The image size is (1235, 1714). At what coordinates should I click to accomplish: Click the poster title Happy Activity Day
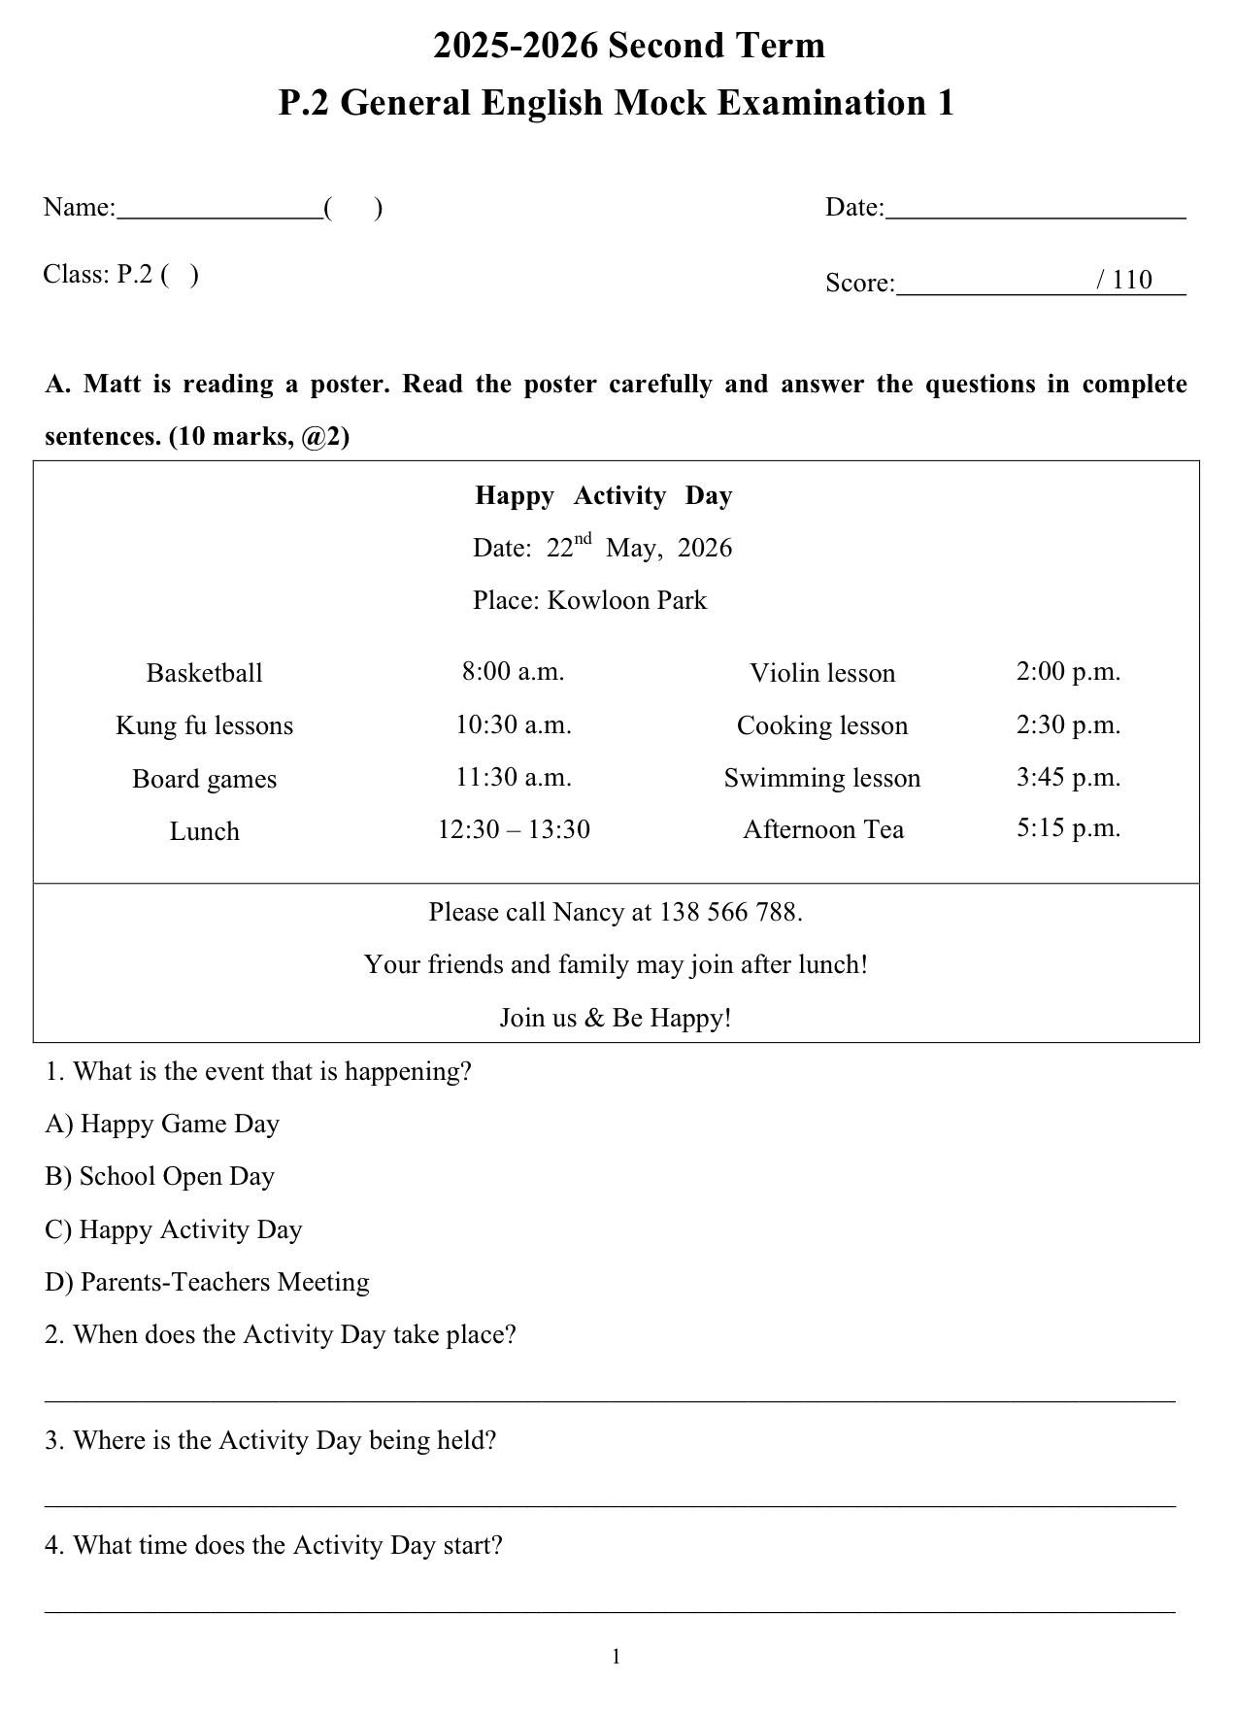pos(603,495)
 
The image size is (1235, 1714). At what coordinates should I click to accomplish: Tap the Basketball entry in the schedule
pos(204,673)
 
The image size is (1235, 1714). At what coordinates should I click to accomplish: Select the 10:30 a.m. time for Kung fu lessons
pos(514,724)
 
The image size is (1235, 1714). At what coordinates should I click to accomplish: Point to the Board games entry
pos(204,779)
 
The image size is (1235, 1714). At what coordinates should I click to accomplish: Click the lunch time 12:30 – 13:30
pos(514,829)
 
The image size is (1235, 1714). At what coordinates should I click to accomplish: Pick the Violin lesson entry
pos(822,673)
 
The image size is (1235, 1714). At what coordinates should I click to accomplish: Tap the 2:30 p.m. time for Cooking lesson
pos(1068,724)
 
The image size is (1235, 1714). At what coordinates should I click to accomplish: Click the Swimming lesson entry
pos(822,778)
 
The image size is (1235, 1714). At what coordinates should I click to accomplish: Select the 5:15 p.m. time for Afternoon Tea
pos(1068,827)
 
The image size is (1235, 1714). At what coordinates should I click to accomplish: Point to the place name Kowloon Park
pos(627,600)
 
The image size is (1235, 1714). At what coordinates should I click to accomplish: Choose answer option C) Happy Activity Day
pos(174,1229)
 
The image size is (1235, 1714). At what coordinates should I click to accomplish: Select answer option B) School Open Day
pos(160,1176)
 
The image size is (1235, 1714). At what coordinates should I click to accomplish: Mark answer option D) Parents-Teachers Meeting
pos(207,1282)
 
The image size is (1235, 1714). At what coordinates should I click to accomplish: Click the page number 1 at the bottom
pos(617,1657)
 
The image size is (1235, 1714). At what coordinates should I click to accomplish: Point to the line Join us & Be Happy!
pos(616,1018)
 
